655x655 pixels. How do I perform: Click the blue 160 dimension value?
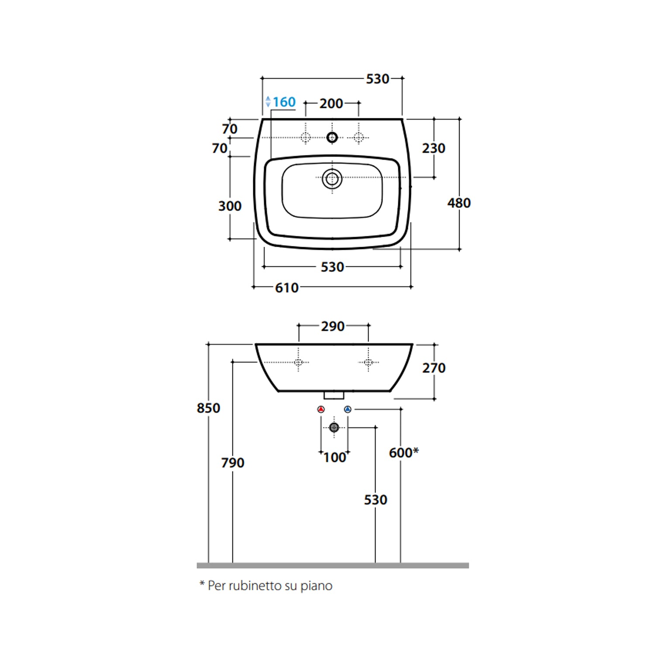coord(284,102)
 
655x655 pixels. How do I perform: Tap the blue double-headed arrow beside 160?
coord(268,102)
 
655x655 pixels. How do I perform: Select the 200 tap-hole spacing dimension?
coord(331,104)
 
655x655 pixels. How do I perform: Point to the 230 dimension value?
coord(433,148)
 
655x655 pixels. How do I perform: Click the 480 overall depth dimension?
coord(458,203)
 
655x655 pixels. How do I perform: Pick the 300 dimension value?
coord(230,206)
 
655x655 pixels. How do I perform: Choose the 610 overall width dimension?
coord(286,288)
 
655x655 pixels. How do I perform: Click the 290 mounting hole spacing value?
coord(333,327)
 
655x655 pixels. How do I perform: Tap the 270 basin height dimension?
coord(433,368)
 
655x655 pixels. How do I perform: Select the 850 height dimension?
coord(208,408)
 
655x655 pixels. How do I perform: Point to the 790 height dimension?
coord(232,463)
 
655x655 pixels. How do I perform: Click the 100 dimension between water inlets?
coord(334,458)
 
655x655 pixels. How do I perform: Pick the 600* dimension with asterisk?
coord(403,453)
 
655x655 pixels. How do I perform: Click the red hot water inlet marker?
coord(321,410)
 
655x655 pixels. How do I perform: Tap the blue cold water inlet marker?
coord(348,410)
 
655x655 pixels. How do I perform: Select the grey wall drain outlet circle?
coord(334,427)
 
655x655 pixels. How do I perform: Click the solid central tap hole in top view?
coord(332,138)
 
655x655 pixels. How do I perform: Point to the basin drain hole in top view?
coord(332,179)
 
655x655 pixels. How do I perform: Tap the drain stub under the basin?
coord(334,395)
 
